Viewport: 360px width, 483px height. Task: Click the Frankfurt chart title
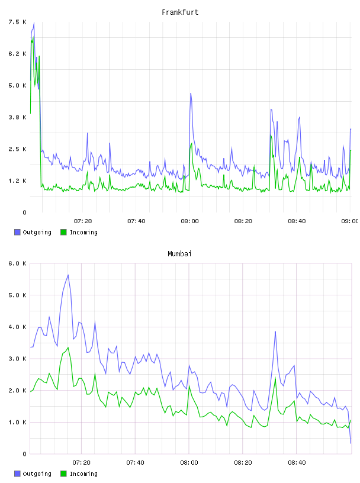point(180,12)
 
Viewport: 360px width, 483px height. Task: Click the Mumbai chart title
point(179,253)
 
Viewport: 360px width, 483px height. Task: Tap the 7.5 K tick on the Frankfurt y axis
point(17,22)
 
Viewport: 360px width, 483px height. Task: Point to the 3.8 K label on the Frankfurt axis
point(17,117)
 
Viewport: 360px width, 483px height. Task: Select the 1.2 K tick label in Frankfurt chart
point(17,181)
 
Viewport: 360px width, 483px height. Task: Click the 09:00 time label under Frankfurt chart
point(349,221)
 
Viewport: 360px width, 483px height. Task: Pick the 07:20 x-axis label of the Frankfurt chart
point(83,221)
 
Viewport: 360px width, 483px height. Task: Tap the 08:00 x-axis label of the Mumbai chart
point(189,462)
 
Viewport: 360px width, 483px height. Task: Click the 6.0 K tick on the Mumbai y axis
point(17,263)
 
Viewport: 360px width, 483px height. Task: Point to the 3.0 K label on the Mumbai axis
point(17,359)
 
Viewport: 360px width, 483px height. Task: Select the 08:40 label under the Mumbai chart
point(297,462)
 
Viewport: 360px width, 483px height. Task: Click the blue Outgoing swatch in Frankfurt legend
point(17,232)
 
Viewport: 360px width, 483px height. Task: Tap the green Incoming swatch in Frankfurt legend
point(63,232)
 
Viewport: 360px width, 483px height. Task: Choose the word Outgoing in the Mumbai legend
point(37,474)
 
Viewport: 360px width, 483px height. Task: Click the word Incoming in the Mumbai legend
point(83,474)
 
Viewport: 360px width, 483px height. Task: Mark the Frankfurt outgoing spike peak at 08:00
point(191,93)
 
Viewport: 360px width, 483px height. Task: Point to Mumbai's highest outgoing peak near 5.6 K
point(68,275)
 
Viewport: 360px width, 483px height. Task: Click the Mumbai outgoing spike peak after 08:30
point(275,331)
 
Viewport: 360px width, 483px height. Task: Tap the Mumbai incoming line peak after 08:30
point(275,378)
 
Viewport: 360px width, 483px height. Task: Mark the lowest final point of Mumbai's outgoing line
point(351,443)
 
